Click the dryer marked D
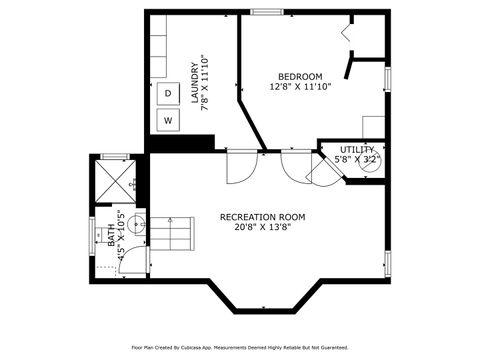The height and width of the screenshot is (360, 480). [x=168, y=94]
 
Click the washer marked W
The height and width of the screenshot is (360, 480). [x=168, y=120]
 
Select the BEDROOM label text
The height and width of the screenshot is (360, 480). [x=299, y=77]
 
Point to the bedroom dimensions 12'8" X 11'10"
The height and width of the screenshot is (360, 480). [x=299, y=87]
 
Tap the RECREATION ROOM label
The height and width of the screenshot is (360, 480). [x=262, y=217]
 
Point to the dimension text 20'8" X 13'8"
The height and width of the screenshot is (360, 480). [x=262, y=227]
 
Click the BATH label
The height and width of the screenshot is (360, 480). [x=111, y=236]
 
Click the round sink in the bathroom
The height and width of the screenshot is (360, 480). [x=137, y=225]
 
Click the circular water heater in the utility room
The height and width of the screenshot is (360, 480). [x=370, y=162]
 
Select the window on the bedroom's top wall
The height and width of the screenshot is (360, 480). [x=265, y=12]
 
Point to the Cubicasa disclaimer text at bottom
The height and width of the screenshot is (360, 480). [x=239, y=347]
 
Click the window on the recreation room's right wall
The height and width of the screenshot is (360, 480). [x=387, y=263]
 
